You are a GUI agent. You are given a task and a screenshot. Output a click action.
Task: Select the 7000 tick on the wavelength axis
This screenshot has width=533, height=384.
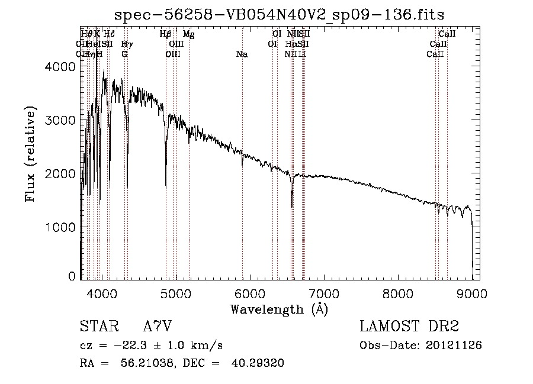coord(324,292)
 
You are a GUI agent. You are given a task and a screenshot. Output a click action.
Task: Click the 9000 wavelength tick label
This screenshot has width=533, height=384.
coord(473,292)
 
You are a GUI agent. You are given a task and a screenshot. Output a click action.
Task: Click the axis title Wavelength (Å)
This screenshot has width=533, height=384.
coord(279,309)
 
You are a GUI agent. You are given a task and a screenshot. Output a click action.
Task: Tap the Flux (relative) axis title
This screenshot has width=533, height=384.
coord(30,154)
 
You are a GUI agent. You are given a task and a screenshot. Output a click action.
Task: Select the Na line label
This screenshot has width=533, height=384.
coord(242,54)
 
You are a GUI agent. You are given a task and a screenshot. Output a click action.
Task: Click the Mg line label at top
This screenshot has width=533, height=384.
coord(188,35)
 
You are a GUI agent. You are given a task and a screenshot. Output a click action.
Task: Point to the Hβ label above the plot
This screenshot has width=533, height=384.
coord(166,35)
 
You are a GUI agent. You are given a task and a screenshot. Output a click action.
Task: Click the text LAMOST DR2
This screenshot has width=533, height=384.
coord(409,326)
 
